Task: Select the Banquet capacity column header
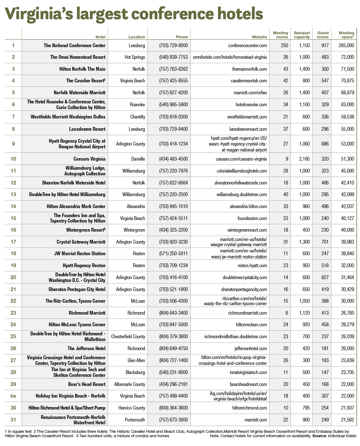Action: click(x=302, y=35)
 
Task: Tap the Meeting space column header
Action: click(x=346, y=35)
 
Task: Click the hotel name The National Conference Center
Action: click(x=74, y=46)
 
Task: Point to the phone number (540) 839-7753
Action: click(x=173, y=57)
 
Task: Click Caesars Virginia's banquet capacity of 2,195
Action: click(x=304, y=159)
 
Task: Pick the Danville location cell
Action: click(x=138, y=159)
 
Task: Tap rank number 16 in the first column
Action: click(x=13, y=230)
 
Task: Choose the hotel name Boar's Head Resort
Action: click(x=87, y=384)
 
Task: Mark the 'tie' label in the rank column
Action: click(x=13, y=396)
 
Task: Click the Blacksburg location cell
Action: click(x=135, y=372)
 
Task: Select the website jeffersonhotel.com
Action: click(x=251, y=349)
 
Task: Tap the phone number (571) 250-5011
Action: click(x=173, y=254)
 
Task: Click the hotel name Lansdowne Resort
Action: click(x=87, y=129)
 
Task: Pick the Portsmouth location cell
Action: click(x=135, y=420)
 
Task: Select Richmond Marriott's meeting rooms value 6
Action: click(x=286, y=313)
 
